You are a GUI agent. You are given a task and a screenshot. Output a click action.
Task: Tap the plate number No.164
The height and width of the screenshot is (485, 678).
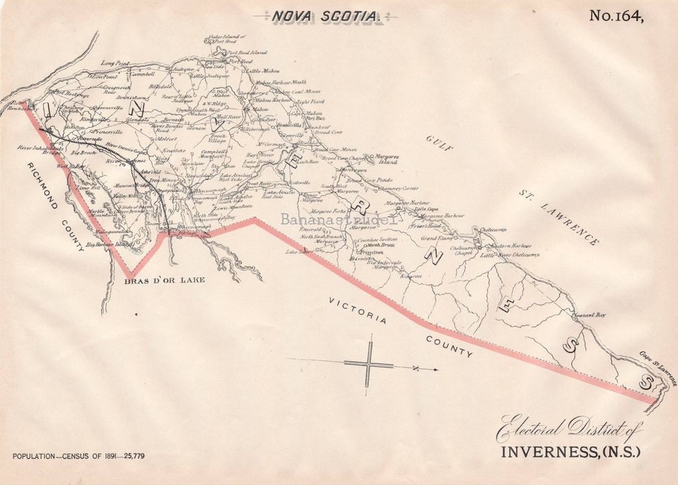click(x=616, y=16)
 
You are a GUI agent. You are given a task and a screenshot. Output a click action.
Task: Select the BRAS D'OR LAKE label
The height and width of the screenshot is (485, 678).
click(x=164, y=280)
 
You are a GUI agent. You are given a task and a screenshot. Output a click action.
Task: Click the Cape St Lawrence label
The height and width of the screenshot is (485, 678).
click(x=659, y=367)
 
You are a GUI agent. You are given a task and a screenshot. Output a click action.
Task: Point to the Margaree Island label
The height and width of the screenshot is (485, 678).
click(x=386, y=158)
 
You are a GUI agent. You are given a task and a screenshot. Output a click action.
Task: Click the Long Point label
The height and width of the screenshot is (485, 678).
click(x=115, y=63)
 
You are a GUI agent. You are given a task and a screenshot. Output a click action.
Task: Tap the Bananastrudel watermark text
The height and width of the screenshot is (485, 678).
click(x=339, y=219)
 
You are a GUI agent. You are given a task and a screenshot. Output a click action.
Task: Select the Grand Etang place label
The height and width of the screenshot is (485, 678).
click(x=436, y=239)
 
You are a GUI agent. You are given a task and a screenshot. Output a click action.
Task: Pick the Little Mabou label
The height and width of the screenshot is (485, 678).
click(x=262, y=72)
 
